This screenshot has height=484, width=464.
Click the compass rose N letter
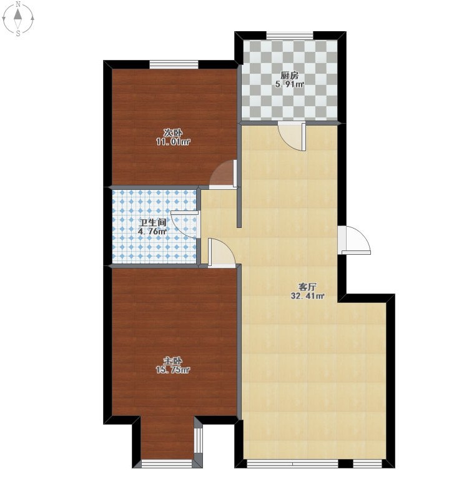coord(19,4)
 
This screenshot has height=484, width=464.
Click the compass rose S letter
coord(19,33)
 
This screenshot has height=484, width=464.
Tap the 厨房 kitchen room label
coord(290,76)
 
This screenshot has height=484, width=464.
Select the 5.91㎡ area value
coord(290,84)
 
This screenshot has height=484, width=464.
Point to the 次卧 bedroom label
coord(173,133)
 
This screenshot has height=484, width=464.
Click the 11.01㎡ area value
coord(173,142)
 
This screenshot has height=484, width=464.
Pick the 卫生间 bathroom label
coord(153,222)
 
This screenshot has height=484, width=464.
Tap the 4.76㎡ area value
coord(152,231)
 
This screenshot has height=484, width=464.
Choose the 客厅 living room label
coord(307,287)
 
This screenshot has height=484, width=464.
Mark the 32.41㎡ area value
coord(307,296)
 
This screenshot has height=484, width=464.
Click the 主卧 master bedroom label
coord(172,361)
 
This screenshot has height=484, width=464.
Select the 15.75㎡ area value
coord(172,370)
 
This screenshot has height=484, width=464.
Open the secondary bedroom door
coord(223,174)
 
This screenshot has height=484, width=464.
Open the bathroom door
coord(184,225)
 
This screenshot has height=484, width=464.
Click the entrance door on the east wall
coord(355,240)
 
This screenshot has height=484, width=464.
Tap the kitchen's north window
coord(290,36)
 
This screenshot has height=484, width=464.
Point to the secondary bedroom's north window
coord(174,64)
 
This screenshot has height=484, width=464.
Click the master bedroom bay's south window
coord(167,463)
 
